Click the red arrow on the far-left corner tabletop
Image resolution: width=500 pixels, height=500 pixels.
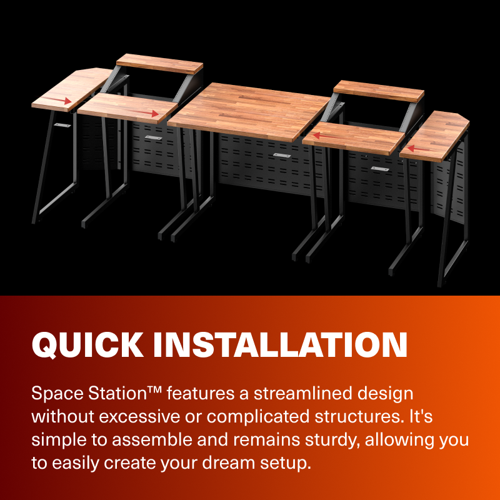[61, 100]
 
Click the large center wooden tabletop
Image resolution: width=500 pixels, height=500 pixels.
[250, 112]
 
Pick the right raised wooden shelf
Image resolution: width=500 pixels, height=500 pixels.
[379, 91]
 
